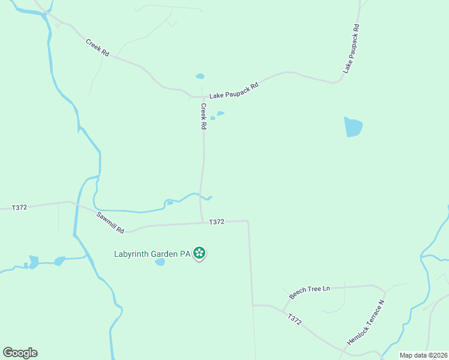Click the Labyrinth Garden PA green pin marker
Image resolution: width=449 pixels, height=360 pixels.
200,254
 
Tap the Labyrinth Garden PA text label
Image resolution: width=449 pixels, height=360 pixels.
152,254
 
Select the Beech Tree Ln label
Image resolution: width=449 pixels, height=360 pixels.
310,292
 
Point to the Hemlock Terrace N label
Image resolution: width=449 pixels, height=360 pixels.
365,323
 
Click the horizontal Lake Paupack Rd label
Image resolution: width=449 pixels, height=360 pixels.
234,91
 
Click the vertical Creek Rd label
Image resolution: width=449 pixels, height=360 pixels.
203,117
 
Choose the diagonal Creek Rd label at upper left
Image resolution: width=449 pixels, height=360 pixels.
97,48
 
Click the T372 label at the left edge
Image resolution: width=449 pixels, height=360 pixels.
19,208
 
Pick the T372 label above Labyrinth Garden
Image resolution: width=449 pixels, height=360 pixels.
217,222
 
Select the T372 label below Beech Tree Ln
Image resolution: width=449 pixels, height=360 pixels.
294,320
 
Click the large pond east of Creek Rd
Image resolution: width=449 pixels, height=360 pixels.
353,127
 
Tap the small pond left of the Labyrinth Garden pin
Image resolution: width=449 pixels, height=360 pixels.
160,262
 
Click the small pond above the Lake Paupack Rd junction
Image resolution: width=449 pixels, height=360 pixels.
200,76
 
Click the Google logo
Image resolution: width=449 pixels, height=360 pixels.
20,353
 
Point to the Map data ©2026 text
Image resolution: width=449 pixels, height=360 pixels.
423,355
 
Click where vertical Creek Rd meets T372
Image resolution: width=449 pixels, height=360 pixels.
202,223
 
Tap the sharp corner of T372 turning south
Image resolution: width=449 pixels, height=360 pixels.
248,221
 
